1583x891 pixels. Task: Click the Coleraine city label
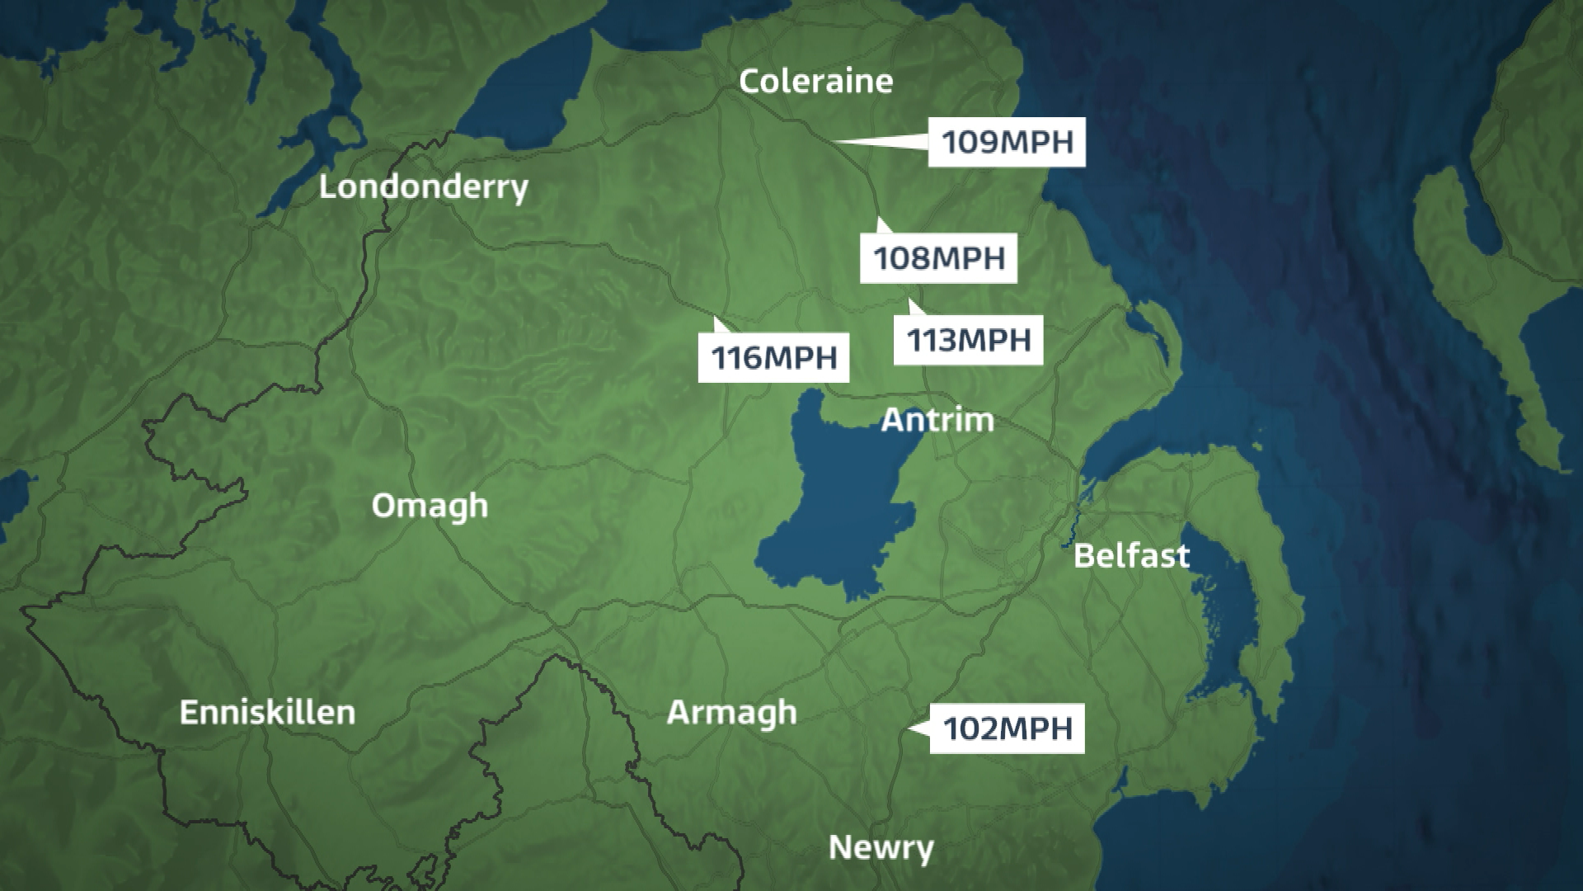click(x=815, y=81)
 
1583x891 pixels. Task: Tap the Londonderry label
click(x=423, y=187)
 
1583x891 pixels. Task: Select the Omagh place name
click(x=429, y=505)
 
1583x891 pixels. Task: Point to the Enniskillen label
click(x=267, y=712)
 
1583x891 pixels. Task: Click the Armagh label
click(x=731, y=712)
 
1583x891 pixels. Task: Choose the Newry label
click(x=881, y=847)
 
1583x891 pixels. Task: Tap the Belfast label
click(x=1131, y=555)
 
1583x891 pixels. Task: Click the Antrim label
click(x=937, y=420)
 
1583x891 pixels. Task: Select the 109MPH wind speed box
click(x=1007, y=142)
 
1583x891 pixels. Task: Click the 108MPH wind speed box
click(x=938, y=258)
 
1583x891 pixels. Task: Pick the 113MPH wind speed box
click(x=969, y=340)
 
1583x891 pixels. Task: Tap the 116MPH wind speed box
click(x=773, y=357)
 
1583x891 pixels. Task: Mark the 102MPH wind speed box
click(x=1007, y=728)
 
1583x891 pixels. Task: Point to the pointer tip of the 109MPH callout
click(x=834, y=142)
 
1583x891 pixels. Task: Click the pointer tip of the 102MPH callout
click(x=909, y=728)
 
